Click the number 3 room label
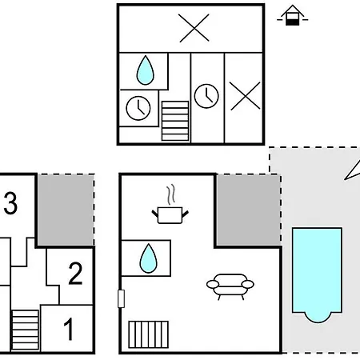tap(10, 203)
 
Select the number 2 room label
tap(75, 274)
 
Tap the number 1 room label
tap(69, 329)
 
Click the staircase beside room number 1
tap(26, 330)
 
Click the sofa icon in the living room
tap(230, 287)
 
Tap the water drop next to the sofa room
tap(149, 258)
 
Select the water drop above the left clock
tap(146, 70)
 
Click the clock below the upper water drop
tap(138, 108)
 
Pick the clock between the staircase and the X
tap(206, 96)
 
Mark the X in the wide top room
tap(194, 28)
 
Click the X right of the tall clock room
tap(245, 96)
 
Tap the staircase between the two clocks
tap(175, 121)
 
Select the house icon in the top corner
tap(293, 15)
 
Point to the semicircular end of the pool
tap(318, 318)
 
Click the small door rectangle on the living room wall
tap(121, 298)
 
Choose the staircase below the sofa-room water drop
tap(149, 334)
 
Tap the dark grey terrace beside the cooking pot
tap(248, 210)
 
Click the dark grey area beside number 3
tap(66, 210)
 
